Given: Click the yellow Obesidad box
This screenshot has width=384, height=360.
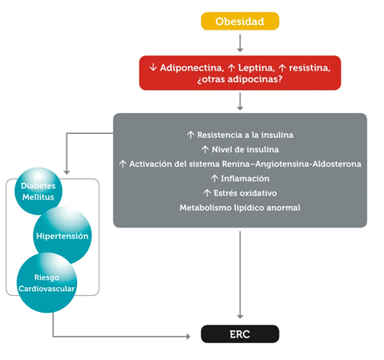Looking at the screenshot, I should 240,21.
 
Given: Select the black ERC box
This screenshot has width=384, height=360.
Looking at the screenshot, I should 240,334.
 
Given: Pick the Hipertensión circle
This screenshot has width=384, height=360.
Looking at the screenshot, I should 62,237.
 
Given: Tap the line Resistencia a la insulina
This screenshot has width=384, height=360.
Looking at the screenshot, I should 239,135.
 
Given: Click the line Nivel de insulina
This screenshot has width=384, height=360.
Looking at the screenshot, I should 239,149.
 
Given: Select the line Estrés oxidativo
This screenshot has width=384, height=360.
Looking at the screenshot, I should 239,192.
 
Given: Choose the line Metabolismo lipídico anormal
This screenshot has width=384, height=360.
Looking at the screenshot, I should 239,208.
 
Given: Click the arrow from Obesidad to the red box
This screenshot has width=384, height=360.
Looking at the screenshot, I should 240,43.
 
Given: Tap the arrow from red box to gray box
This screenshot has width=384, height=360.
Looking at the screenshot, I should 240,101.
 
